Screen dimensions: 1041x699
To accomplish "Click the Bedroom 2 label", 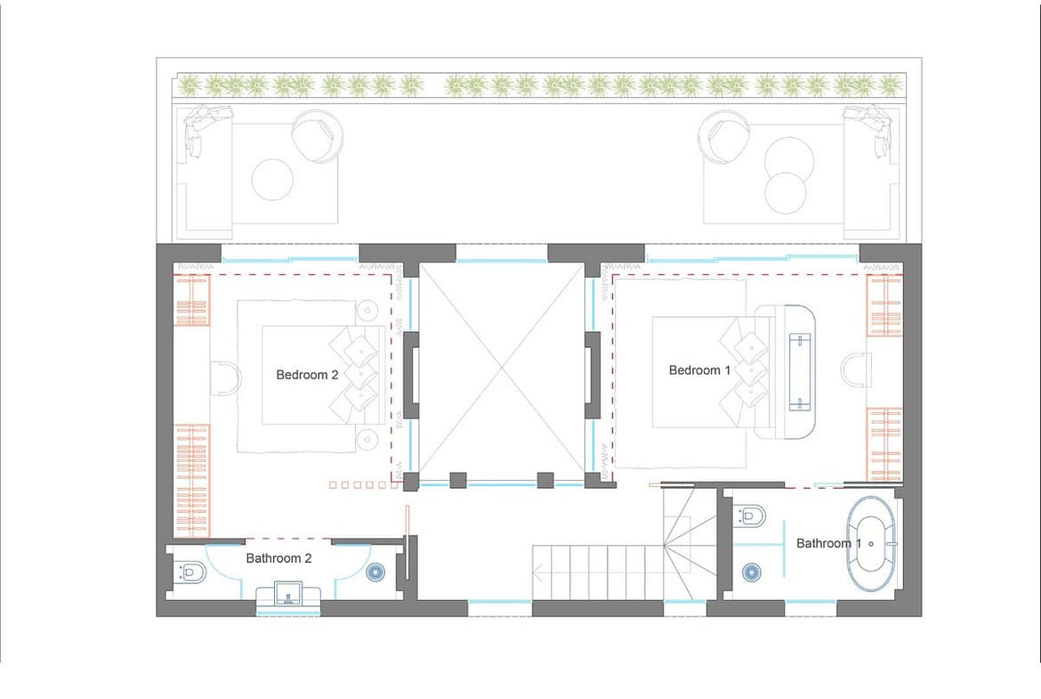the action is click(307, 375).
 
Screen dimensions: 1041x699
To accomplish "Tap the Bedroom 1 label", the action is click(699, 370).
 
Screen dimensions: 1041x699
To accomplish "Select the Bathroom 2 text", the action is click(278, 558).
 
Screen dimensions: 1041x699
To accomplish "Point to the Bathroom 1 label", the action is click(828, 543).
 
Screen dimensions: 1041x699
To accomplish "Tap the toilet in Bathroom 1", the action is click(750, 515).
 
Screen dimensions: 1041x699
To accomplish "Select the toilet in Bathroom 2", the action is click(190, 572).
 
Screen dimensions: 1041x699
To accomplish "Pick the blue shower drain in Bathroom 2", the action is click(376, 572).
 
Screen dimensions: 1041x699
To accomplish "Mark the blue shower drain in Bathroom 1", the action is click(752, 572).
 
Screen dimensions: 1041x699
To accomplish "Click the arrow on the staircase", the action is click(539, 572).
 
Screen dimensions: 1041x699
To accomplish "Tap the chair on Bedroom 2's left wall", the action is click(226, 378).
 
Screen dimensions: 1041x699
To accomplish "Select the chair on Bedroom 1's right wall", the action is click(857, 370).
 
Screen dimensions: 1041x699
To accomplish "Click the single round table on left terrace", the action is click(273, 179).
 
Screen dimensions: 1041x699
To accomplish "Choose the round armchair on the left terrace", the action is click(318, 135).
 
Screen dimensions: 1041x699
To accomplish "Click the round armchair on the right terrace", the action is click(725, 135).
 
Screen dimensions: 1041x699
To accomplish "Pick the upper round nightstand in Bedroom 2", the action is click(367, 310).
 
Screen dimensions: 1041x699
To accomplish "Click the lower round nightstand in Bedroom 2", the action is click(367, 439).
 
